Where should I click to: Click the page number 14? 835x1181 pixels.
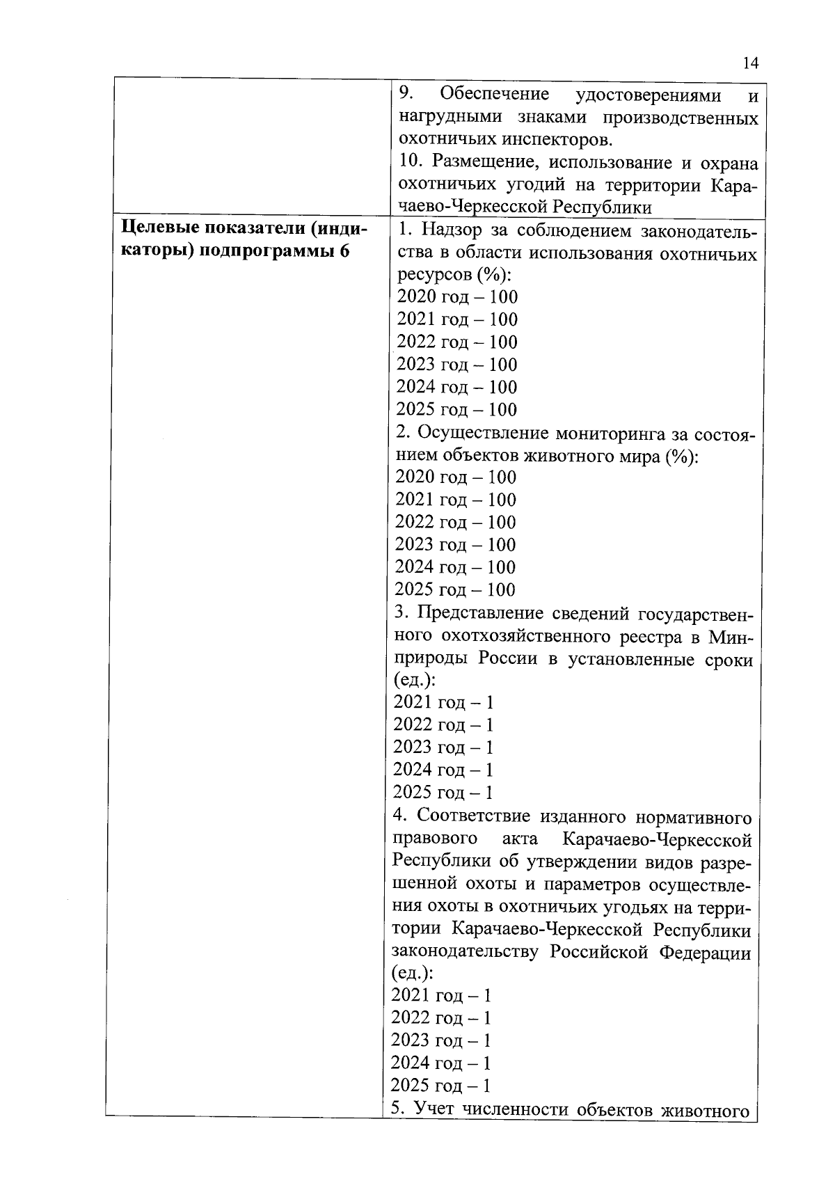click(x=749, y=63)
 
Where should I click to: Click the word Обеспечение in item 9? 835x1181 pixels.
click(x=494, y=94)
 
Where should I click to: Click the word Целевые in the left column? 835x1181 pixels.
click(x=159, y=228)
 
